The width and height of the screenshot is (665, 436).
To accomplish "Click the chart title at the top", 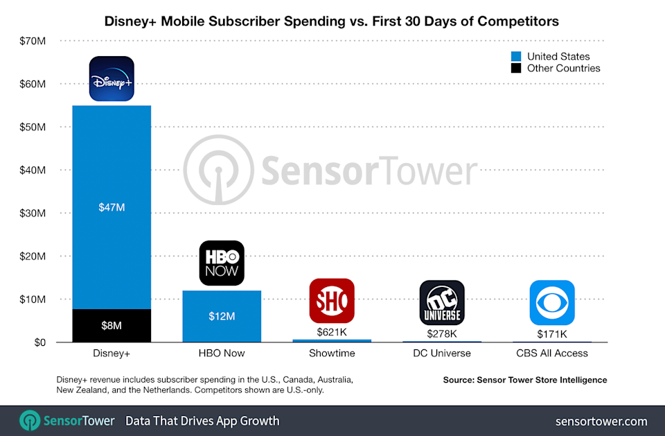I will coord(332,21).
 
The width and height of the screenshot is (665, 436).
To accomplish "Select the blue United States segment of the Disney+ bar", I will coord(112,207).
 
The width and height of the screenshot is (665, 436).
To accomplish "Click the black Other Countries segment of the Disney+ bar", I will coord(112,326).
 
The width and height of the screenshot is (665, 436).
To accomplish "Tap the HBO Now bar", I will coord(222,316).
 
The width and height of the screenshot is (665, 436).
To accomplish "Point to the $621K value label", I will coord(332,332).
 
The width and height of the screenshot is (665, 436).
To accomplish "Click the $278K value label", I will coord(442,333).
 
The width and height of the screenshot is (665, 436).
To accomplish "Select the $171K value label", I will coord(552,334).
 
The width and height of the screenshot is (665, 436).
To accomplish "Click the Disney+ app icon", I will coord(112,79).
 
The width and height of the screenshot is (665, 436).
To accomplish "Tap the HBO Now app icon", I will coord(222,263).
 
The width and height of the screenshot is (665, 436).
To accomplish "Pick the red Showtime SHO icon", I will coord(332,301).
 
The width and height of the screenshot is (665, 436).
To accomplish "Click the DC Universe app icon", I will coord(442,303).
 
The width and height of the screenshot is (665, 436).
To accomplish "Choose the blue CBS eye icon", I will coord(552,303).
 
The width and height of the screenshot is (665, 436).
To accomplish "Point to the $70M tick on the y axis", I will coord(33,41).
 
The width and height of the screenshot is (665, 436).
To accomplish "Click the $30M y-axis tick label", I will coord(33,213).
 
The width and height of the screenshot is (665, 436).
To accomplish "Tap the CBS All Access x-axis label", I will coord(552,354).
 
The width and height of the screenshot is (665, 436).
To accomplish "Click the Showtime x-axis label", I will coord(332,354).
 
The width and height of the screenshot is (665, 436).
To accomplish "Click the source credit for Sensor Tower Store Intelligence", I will coord(525,380).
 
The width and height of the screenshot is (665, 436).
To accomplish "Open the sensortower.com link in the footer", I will coord(601,421).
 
